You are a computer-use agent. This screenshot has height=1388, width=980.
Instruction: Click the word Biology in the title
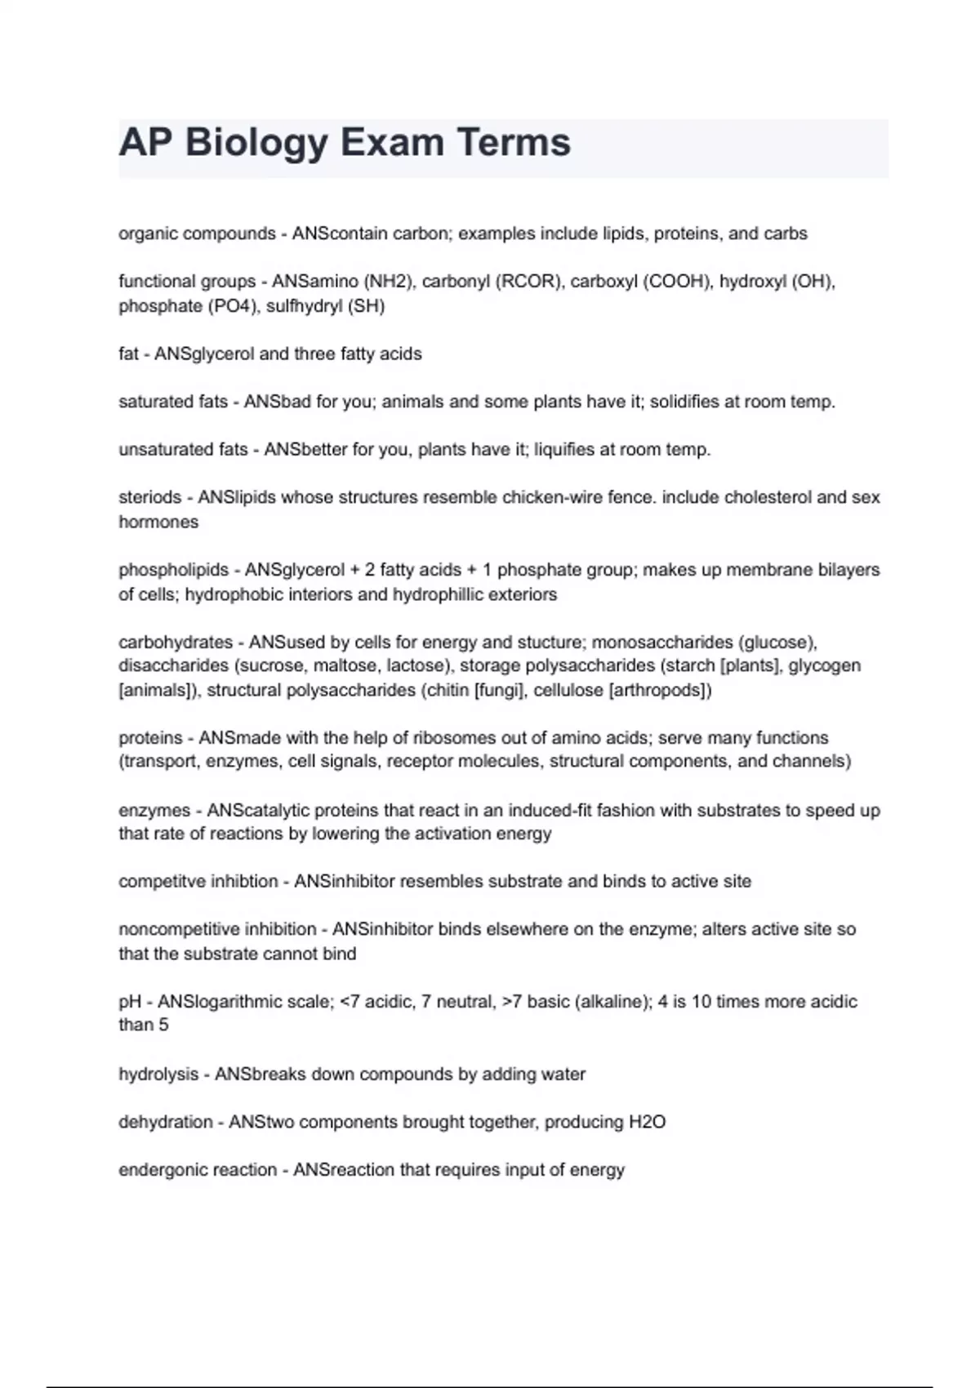pyautogui.click(x=256, y=144)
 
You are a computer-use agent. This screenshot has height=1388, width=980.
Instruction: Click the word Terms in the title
pyautogui.click(x=513, y=142)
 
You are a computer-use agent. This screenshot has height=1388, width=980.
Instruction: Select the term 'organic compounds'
pyautogui.click(x=197, y=234)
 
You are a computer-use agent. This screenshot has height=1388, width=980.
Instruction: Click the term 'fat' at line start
pyautogui.click(x=128, y=354)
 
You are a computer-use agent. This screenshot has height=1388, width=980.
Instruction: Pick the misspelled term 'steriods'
pyautogui.click(x=149, y=497)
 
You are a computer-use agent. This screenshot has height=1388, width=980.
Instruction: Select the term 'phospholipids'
pyautogui.click(x=173, y=569)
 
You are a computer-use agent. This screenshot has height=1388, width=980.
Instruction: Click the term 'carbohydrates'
pyautogui.click(x=176, y=642)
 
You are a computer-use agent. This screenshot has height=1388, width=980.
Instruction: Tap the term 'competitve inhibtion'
pyautogui.click(x=198, y=882)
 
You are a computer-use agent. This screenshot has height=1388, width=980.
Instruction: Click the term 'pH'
pyautogui.click(x=129, y=1002)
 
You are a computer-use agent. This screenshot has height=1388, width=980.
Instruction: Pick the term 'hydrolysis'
pyautogui.click(x=158, y=1074)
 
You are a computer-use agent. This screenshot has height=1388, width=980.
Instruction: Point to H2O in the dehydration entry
pyautogui.click(x=646, y=1122)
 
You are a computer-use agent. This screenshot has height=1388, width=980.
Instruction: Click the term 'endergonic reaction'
pyautogui.click(x=198, y=1170)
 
